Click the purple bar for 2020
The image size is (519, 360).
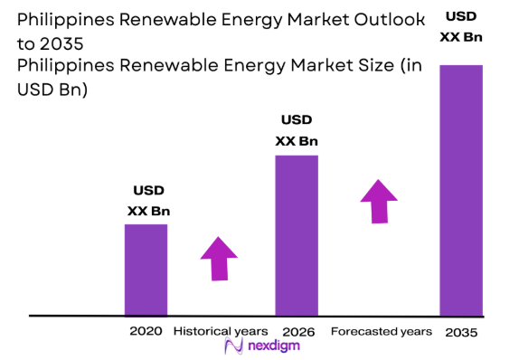point(146,270)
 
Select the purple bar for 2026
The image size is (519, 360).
point(297,235)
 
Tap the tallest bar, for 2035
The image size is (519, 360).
point(460,190)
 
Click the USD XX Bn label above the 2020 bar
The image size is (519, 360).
point(148,201)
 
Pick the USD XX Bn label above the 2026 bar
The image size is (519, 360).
point(297,130)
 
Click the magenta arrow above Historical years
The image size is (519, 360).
point(219,259)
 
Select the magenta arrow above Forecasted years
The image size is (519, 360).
point(378,200)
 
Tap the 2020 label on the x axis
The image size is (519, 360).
point(146,331)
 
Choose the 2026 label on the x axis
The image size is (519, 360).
point(298,332)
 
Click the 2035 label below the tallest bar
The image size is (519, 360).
point(460,332)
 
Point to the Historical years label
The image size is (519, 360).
point(221,331)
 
